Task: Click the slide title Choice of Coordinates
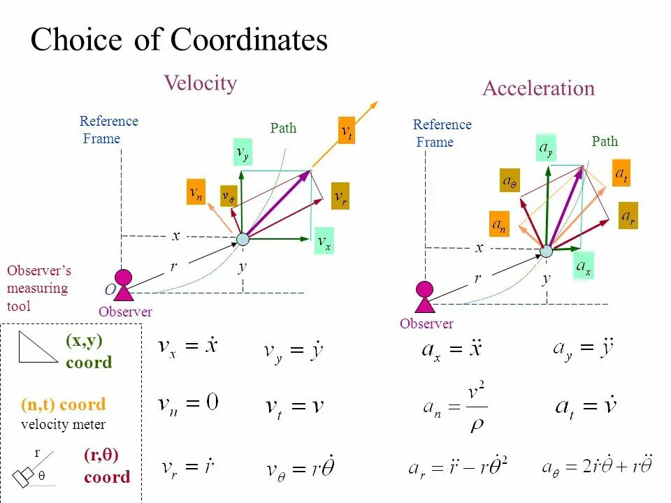pyautogui.click(x=179, y=40)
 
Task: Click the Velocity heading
pyautogui.click(x=201, y=83)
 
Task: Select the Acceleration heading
pyautogui.click(x=538, y=89)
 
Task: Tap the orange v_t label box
pyautogui.click(x=346, y=131)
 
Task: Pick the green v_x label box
pyautogui.click(x=324, y=241)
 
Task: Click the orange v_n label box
pyautogui.click(x=196, y=192)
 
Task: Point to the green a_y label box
pyautogui.click(x=545, y=147)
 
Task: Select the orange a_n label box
pyautogui.click(x=499, y=224)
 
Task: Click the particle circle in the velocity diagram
pyautogui.click(x=243, y=239)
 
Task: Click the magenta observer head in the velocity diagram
pyautogui.click(x=124, y=277)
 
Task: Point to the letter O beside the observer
pyautogui.click(x=110, y=289)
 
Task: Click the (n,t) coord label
pyautogui.click(x=64, y=404)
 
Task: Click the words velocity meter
pyautogui.click(x=64, y=424)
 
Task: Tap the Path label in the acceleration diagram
pyautogui.click(x=605, y=141)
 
